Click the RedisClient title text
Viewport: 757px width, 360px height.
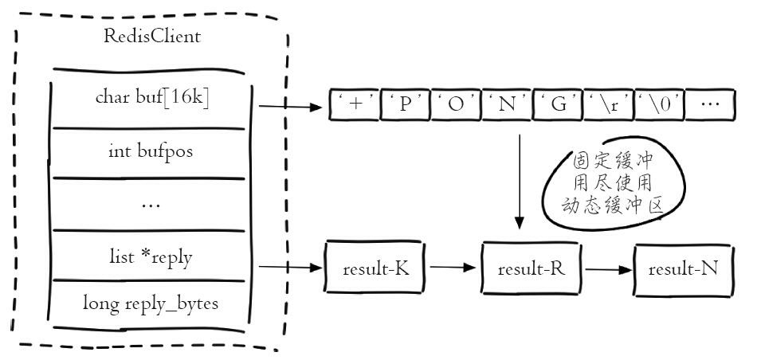[151, 36]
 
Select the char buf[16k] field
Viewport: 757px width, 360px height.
[151, 98]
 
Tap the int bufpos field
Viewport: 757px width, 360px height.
[151, 150]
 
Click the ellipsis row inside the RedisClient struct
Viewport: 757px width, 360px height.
[151, 203]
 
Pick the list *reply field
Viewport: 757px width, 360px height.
[151, 256]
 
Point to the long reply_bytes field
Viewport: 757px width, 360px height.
[151, 303]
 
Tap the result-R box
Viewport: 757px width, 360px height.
[531, 268]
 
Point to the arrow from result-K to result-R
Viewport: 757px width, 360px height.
[452, 268]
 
